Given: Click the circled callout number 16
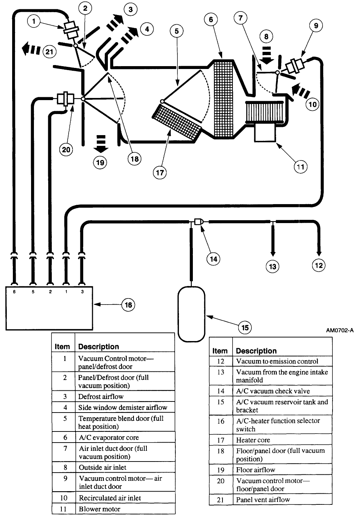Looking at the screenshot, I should tap(128, 305).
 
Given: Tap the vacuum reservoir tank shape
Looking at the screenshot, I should tap(191, 314).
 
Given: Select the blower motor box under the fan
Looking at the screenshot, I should tap(265, 133).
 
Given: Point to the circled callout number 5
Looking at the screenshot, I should tap(176, 31).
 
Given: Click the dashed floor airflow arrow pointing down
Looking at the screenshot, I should tap(101, 143).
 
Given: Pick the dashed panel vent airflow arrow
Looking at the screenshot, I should tap(31, 49).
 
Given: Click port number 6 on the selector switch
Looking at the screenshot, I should tap(14, 292).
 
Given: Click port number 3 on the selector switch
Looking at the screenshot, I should tap(82, 292).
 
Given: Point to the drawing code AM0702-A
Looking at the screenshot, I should tap(339, 330).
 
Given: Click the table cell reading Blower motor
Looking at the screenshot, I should tap(100, 509).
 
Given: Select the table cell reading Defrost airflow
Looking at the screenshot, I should tap(101, 396).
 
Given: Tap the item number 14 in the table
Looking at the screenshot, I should tap(220, 391).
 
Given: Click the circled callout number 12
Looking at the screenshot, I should tap(318, 265).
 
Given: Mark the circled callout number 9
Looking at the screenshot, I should tap(316, 26).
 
